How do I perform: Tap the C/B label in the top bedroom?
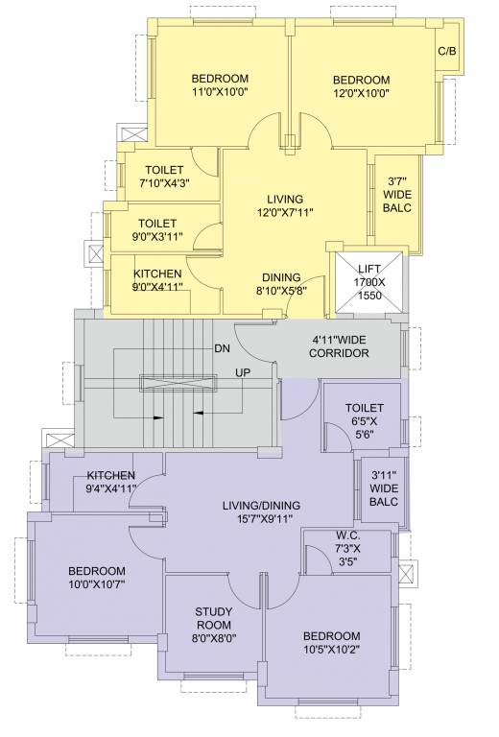[x=446, y=52]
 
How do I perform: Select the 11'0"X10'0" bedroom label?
[x=220, y=85]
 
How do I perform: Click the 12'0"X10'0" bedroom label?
[x=362, y=86]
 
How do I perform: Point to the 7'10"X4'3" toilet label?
[x=164, y=177]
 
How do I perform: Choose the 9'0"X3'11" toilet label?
[x=156, y=229]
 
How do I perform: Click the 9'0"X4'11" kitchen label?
[x=157, y=280]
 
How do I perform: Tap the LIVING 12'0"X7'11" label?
[x=285, y=205]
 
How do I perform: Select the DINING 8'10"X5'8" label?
[x=281, y=283]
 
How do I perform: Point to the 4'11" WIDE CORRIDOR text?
[x=340, y=346]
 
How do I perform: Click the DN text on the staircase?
[x=222, y=347]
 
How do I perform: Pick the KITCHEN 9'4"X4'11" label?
[x=111, y=482]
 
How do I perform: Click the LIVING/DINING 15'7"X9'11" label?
[x=262, y=512]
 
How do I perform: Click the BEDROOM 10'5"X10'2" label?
[x=331, y=643]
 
